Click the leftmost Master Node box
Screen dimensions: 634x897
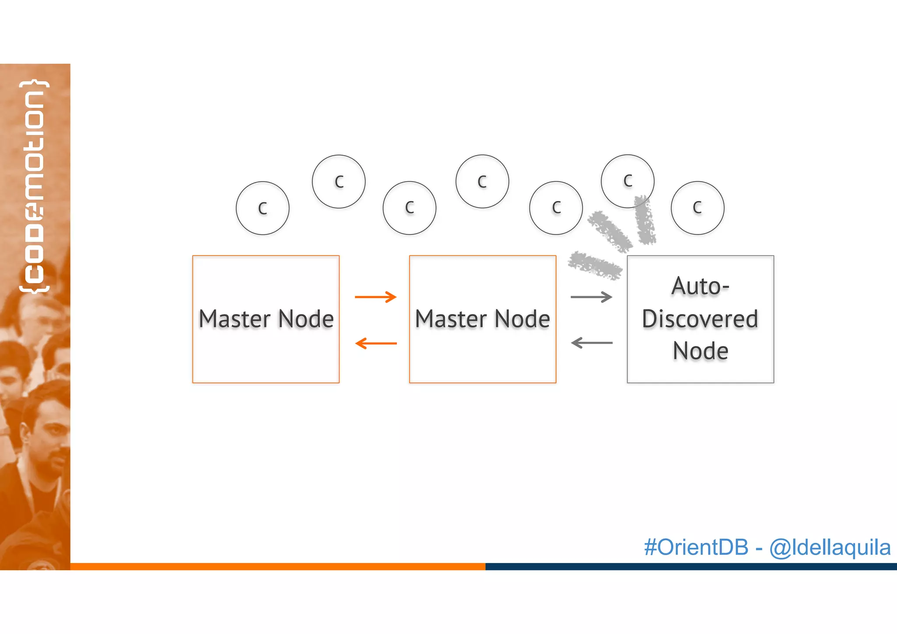(x=266, y=319)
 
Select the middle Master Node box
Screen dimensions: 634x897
(x=482, y=319)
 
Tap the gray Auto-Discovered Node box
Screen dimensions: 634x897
(x=700, y=319)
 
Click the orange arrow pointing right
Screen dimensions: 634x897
(x=375, y=297)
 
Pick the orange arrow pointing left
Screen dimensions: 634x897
(x=376, y=343)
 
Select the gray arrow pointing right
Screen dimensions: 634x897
(x=591, y=297)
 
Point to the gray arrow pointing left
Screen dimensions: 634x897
(x=592, y=343)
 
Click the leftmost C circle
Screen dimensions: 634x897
(x=262, y=208)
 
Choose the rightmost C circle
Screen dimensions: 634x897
(x=697, y=208)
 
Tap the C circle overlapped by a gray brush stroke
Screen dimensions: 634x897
(x=627, y=181)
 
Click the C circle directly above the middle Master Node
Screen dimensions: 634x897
(x=482, y=181)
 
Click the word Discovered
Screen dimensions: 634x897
(x=700, y=319)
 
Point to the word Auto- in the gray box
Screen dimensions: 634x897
(x=700, y=287)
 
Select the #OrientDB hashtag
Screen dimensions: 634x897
(x=696, y=547)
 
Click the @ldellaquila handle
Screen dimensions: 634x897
(x=830, y=547)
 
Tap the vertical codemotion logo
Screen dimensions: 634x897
(x=34, y=186)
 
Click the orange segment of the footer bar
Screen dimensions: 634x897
(x=278, y=567)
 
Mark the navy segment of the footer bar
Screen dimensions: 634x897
(x=691, y=567)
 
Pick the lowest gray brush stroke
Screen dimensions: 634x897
(x=595, y=265)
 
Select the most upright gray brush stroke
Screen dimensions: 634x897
(x=644, y=220)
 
